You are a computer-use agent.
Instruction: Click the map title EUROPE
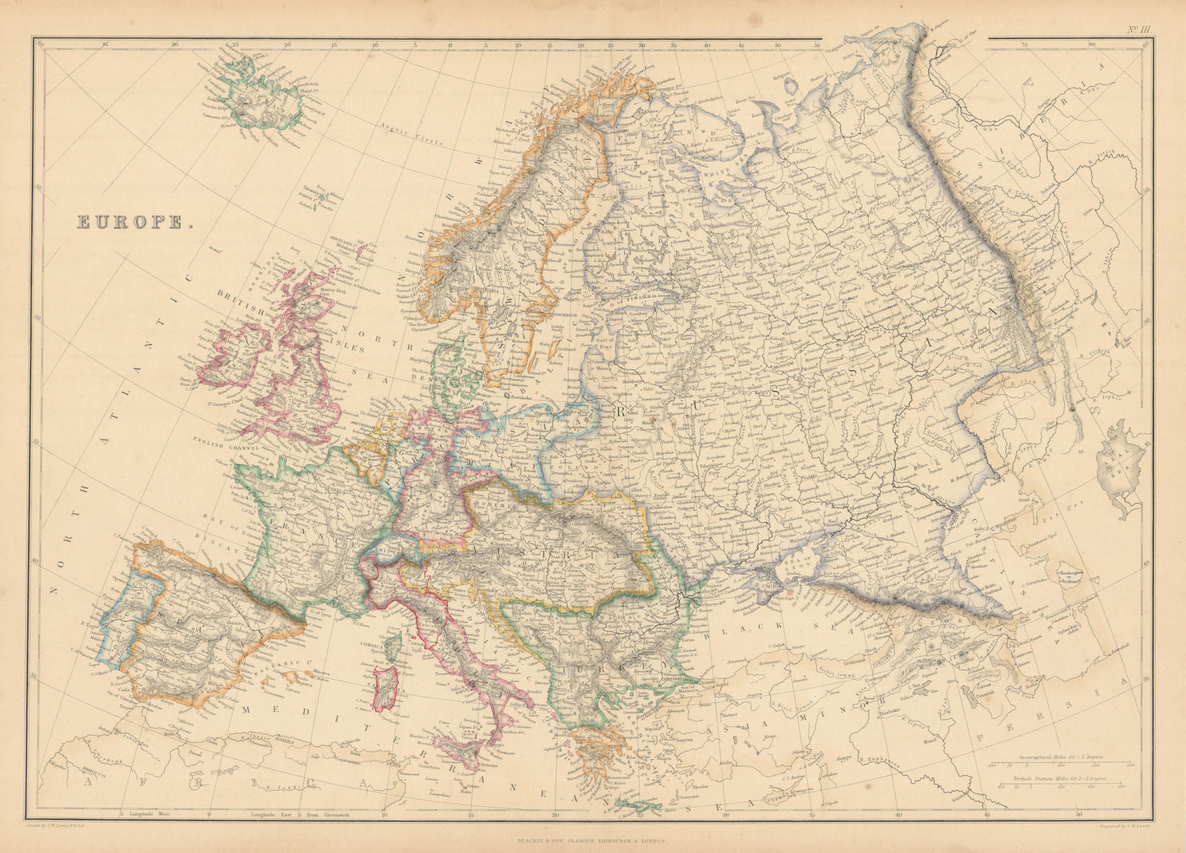point(131,222)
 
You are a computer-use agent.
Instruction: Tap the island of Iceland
point(267,100)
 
